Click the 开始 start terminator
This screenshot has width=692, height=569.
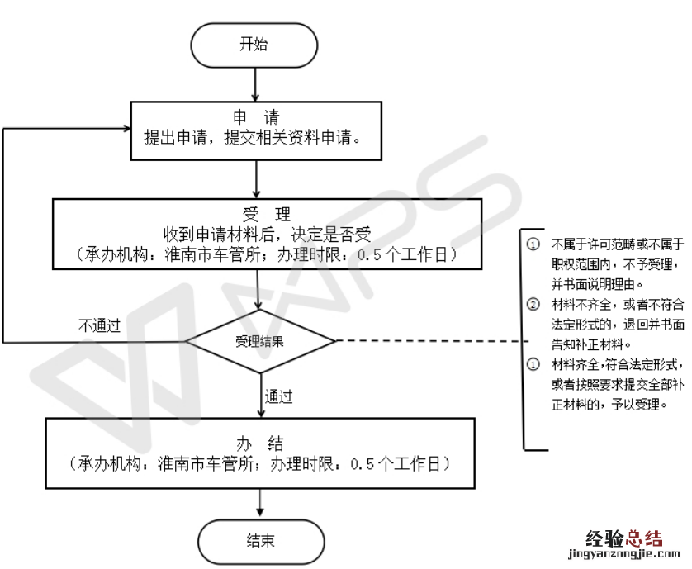pyautogui.click(x=254, y=45)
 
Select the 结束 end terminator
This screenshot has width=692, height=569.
pyautogui.click(x=260, y=541)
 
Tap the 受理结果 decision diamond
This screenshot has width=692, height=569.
pyautogui.click(x=260, y=340)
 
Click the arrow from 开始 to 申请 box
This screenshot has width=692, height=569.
pyautogui.click(x=257, y=84)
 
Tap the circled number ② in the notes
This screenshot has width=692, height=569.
pyautogui.click(x=533, y=305)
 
